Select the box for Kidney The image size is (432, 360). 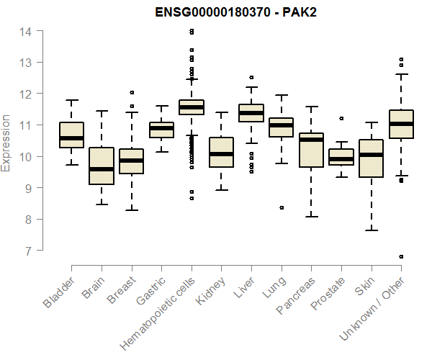(221, 152)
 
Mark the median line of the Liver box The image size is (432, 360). (251, 113)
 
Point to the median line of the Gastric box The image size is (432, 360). (161, 128)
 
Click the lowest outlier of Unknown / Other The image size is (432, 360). (401, 256)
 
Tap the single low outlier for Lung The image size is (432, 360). (281, 207)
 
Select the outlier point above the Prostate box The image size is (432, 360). (341, 118)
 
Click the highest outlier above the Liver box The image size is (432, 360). (251, 77)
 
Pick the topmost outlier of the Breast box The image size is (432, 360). (131, 92)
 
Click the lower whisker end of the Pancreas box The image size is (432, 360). (311, 216)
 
